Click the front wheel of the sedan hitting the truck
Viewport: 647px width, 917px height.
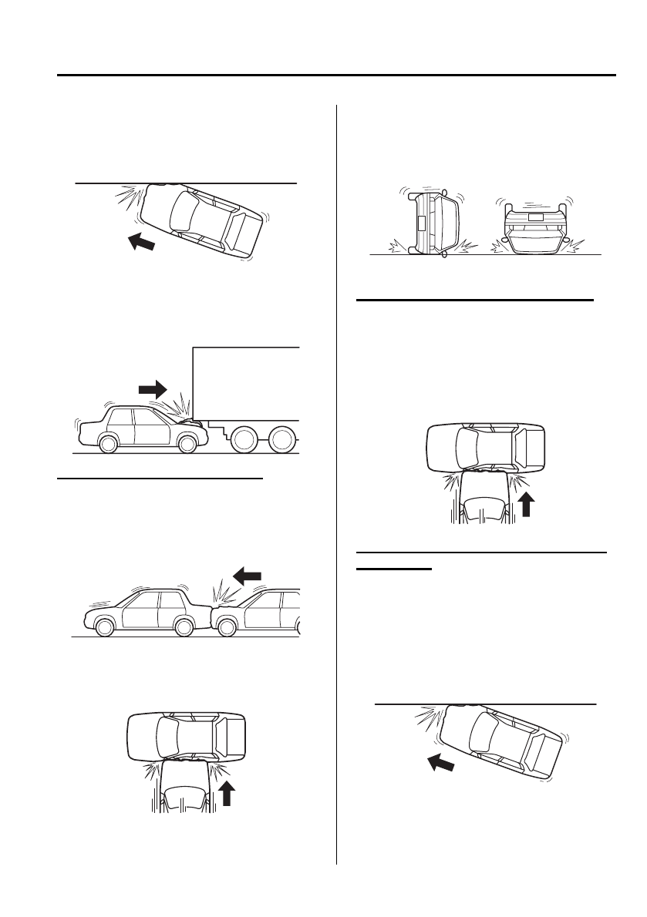186,444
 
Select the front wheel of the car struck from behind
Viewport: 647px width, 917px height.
184,628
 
